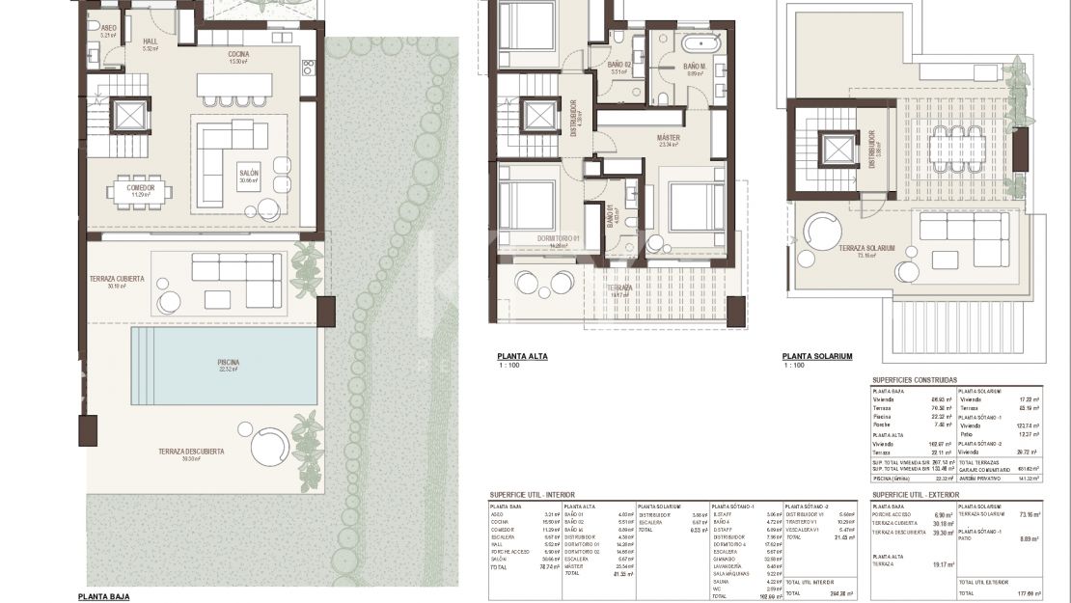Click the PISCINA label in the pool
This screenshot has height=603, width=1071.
[228, 363]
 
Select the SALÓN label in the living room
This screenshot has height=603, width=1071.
[249, 175]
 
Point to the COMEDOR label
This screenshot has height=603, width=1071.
[141, 187]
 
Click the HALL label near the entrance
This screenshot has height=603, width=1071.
[150, 41]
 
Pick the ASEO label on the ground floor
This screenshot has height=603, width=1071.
[108, 29]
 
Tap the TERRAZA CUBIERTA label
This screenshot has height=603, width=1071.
[112, 279]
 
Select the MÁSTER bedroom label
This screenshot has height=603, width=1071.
[669, 138]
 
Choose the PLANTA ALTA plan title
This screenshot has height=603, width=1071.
[522, 356]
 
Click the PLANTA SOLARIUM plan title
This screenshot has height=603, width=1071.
[817, 356]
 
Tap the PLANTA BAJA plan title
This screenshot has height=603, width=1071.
[103, 596]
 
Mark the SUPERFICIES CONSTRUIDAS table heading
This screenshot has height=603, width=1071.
[914, 380]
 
